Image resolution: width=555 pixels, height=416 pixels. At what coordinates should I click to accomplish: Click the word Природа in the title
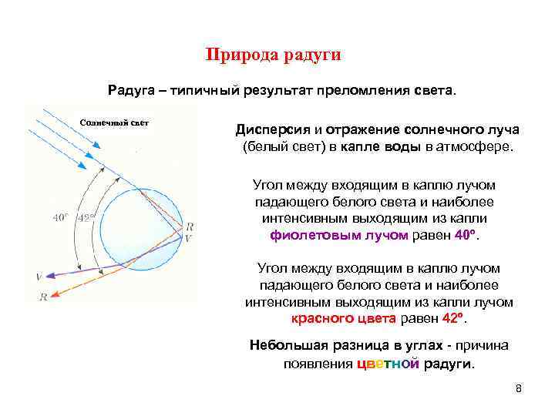point(241,55)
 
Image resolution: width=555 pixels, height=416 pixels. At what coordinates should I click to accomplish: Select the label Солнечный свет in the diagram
point(114,122)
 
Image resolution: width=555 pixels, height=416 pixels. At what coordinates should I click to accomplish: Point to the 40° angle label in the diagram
point(61,218)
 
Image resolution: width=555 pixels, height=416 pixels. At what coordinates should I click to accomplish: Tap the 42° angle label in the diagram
point(87,218)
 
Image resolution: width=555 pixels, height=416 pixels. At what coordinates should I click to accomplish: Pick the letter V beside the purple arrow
point(39,277)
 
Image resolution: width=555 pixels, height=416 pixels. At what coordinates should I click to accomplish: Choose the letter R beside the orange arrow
point(43,297)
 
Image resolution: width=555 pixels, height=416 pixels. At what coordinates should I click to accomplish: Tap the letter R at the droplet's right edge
point(190,226)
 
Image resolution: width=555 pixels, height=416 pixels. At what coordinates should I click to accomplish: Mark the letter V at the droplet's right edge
point(190,238)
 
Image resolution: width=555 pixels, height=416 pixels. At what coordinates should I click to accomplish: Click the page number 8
point(519,388)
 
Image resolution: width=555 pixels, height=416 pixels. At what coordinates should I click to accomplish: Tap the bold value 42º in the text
point(453,319)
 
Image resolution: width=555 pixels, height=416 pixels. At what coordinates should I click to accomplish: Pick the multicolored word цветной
point(388,364)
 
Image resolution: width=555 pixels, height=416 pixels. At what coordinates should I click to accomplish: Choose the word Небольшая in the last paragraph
point(286,345)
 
